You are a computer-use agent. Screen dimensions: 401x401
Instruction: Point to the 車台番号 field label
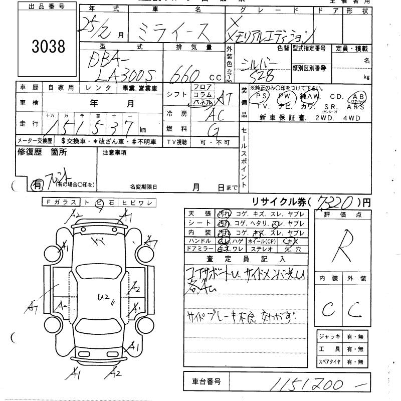(x=203, y=382)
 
